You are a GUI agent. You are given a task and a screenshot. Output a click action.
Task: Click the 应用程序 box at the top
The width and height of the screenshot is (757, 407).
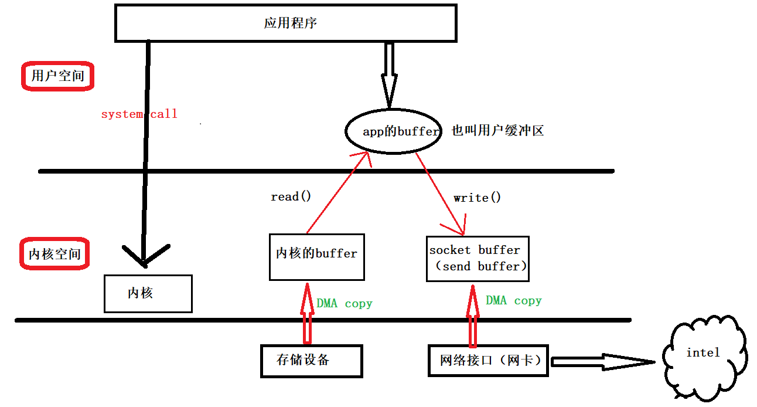(285, 23)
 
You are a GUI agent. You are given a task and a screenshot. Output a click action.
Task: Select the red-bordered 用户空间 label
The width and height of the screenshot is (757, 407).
(57, 76)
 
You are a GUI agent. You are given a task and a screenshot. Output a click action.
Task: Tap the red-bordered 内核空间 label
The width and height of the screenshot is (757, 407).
(55, 255)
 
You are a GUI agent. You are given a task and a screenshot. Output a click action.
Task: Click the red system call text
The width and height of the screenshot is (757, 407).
(139, 114)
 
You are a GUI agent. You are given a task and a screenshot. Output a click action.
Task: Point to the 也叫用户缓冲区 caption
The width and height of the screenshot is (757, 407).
(497, 131)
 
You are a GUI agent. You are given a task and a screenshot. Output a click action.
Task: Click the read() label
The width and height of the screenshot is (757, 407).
(291, 196)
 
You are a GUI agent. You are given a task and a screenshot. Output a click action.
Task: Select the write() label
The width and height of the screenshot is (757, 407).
(477, 198)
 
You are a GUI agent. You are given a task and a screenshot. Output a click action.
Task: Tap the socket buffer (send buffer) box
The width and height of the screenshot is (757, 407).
(478, 259)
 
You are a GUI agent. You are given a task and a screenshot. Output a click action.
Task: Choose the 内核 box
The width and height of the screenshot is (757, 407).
(148, 293)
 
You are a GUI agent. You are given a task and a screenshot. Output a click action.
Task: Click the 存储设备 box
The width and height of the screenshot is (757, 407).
(311, 360)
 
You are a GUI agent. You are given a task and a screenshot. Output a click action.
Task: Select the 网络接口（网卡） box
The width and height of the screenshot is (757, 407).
(489, 360)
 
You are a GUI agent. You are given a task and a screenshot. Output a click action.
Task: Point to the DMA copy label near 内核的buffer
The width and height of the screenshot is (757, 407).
(344, 304)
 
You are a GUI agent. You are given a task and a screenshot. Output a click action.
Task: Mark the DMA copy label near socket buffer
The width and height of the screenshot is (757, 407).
(513, 301)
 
